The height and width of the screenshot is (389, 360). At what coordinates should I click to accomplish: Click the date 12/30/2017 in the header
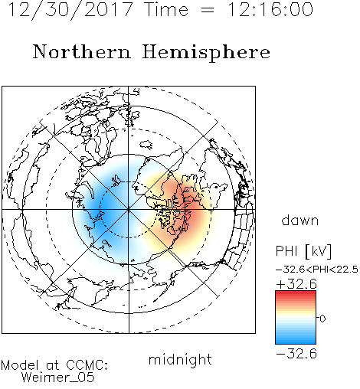pyautogui.click(x=70, y=10)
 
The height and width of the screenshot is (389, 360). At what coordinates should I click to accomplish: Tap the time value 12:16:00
pyautogui.click(x=270, y=9)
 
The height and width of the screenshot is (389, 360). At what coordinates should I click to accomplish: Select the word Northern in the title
pyautogui.click(x=82, y=51)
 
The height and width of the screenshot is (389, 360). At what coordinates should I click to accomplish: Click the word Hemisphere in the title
pyautogui.click(x=206, y=53)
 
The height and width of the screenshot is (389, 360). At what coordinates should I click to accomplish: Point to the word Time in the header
pyautogui.click(x=166, y=9)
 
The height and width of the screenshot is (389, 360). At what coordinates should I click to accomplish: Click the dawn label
pyautogui.click(x=300, y=221)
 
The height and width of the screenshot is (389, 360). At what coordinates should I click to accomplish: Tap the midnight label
pyautogui.click(x=180, y=360)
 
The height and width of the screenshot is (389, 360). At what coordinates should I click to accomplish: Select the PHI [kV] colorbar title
pyautogui.click(x=303, y=251)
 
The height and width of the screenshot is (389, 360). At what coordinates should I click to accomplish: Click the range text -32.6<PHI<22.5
pyautogui.click(x=317, y=270)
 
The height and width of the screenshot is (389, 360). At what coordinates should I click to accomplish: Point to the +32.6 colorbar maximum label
pyautogui.click(x=296, y=284)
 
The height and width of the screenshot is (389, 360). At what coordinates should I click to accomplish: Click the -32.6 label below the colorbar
pyautogui.click(x=296, y=354)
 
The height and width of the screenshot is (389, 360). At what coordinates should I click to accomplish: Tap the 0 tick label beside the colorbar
pyautogui.click(x=322, y=319)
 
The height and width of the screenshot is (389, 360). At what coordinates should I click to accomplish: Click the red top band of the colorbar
pyautogui.click(x=296, y=295)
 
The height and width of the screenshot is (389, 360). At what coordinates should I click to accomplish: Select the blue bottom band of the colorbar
pyautogui.click(x=296, y=338)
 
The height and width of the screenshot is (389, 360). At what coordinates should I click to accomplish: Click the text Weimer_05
pyautogui.click(x=58, y=378)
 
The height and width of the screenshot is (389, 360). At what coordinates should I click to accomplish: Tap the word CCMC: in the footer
pyautogui.click(x=87, y=365)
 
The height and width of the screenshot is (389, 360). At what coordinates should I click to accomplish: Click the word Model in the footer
pyautogui.click(x=20, y=365)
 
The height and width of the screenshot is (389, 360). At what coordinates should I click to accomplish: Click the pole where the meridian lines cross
pyautogui.click(x=129, y=210)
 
